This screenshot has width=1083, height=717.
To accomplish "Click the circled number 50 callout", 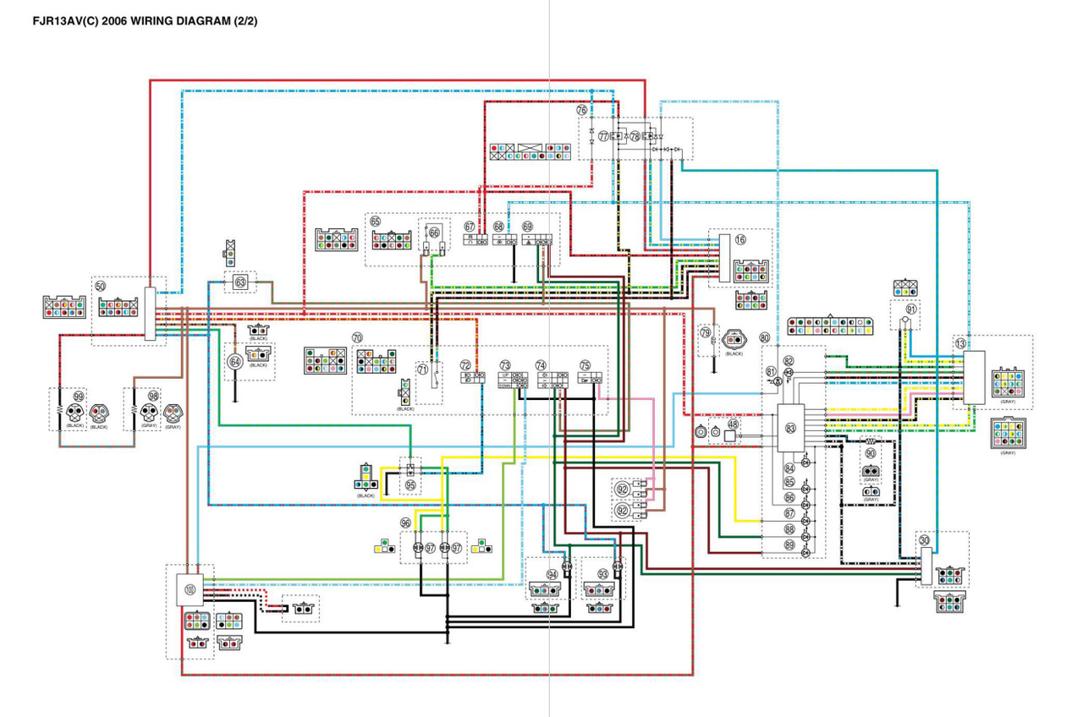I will click(100, 287).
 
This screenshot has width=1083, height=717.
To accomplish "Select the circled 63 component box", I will click(240, 282).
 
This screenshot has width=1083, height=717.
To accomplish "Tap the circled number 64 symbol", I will click(236, 362).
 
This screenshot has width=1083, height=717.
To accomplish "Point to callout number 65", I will click(375, 221).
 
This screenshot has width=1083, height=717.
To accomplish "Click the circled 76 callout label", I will click(582, 111).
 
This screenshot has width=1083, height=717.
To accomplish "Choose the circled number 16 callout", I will click(740, 240).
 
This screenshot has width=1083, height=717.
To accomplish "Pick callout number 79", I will click(705, 332).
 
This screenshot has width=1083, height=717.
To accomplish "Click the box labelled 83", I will click(790, 429).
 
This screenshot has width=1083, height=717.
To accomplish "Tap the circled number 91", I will click(910, 309).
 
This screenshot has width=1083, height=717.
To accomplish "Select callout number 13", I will click(959, 343).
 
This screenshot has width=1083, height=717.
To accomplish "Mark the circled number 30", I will click(924, 540).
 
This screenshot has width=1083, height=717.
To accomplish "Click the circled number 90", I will click(870, 453).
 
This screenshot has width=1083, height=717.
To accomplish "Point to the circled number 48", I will click(733, 424).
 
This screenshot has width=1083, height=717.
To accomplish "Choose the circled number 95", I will click(410, 485).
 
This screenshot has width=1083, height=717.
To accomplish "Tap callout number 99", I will click(79, 396).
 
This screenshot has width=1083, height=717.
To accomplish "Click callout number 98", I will click(153, 396).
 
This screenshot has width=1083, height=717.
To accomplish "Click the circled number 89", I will click(789, 545).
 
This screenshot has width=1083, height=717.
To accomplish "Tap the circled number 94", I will click(552, 574).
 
